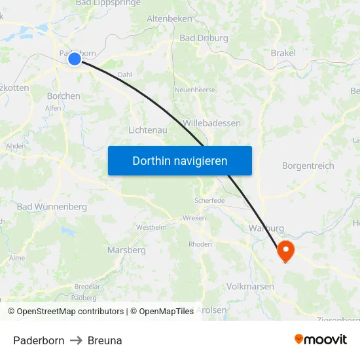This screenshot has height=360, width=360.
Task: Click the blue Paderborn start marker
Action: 74,59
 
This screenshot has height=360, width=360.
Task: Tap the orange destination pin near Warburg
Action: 285,250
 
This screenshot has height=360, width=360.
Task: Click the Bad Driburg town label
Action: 204,39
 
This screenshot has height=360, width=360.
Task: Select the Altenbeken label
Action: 170,19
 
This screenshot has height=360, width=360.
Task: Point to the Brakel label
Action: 283,53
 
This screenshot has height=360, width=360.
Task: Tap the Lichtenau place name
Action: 148,130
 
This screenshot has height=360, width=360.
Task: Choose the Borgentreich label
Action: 308,166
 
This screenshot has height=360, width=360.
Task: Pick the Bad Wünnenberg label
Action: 52,207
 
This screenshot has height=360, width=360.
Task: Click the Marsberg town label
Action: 126,250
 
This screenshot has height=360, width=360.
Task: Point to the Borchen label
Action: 63,96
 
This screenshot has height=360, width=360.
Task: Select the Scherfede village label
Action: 209,200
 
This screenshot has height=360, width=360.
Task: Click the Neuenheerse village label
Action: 194,90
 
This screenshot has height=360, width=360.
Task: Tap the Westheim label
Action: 151,228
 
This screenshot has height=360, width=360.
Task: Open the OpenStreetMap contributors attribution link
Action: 70,312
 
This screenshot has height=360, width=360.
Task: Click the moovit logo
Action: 320,339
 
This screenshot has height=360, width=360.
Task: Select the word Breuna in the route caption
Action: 105,340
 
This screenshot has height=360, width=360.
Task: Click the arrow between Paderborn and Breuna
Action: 76,340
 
